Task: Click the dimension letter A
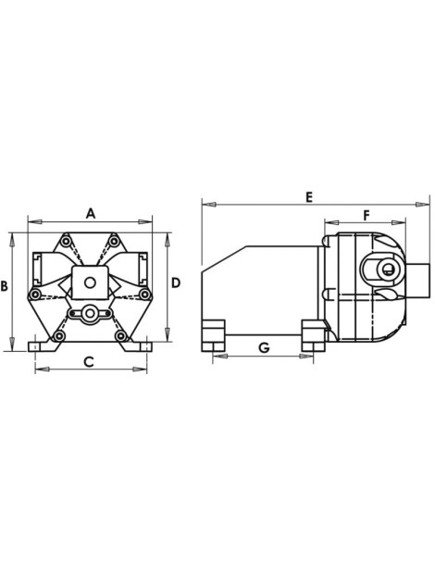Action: (x=91, y=212)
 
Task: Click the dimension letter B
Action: (x=5, y=287)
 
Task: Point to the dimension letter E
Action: (x=308, y=196)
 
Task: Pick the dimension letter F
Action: (x=367, y=215)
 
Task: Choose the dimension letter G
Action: (x=264, y=347)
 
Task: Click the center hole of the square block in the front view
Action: (x=90, y=283)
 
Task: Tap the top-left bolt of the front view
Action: (x=66, y=244)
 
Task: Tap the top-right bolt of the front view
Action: (x=114, y=244)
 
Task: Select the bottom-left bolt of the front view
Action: (x=58, y=335)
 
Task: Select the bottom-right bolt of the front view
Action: (x=121, y=335)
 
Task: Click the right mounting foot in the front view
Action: (x=142, y=345)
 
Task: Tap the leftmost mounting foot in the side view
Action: (x=214, y=335)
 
